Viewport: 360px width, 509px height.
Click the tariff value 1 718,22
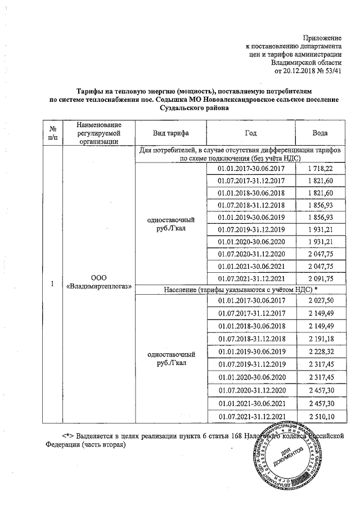click(x=321, y=169)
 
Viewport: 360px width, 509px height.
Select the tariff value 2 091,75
click(x=321, y=278)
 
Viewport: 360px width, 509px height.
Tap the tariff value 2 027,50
click(x=321, y=302)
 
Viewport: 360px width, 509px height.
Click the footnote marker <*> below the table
click(x=67, y=436)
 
